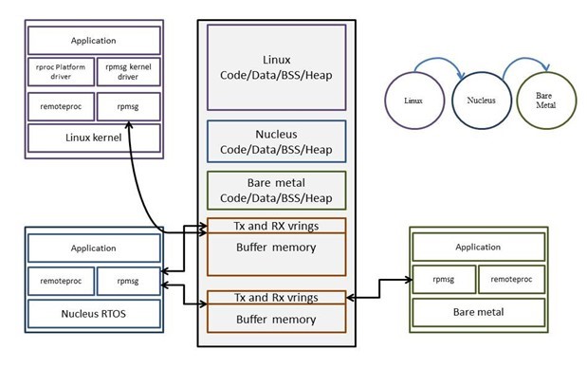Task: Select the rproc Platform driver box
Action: [60, 74]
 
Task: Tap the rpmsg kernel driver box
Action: [127, 74]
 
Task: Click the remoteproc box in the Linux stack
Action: [60, 106]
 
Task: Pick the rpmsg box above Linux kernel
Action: [127, 106]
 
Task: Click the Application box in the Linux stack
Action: [93, 41]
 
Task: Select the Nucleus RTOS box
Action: [93, 311]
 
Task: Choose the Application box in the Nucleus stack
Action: [93, 248]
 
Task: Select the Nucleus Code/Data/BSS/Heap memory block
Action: [275, 142]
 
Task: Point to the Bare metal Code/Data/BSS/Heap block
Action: [275, 191]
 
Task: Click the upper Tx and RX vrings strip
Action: [275, 226]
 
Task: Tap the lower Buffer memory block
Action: [275, 319]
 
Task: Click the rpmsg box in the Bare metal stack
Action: [442, 279]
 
